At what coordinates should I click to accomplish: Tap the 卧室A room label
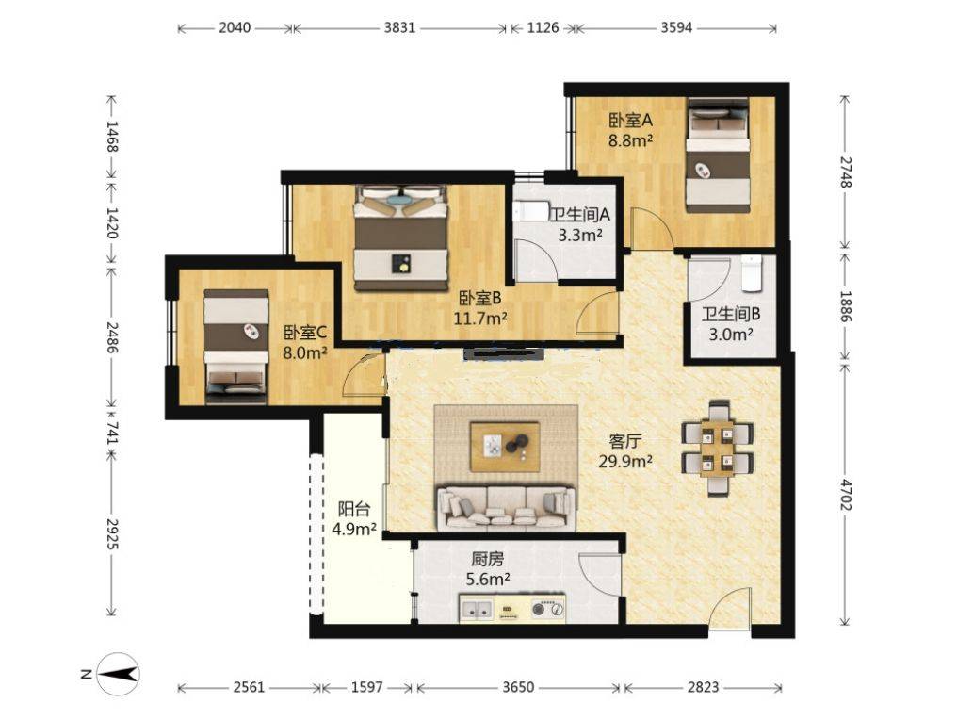tap(630, 121)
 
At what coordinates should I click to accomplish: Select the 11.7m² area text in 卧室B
tap(480, 319)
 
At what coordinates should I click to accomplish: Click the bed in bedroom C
tap(236, 346)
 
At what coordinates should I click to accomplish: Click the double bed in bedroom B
tap(400, 238)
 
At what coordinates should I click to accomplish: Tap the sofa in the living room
tap(504, 506)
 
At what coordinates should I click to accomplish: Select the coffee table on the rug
tap(505, 446)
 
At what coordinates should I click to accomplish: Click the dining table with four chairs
tap(718, 448)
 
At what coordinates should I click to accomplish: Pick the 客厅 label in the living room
tap(625, 440)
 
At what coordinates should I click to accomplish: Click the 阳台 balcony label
tap(353, 509)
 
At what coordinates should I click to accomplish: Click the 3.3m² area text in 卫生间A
tap(579, 236)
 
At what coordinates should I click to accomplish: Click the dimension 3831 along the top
tap(399, 27)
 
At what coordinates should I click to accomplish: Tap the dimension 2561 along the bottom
tap(248, 687)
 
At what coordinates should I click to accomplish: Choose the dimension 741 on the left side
tap(112, 433)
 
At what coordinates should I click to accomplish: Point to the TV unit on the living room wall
tap(506, 355)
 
